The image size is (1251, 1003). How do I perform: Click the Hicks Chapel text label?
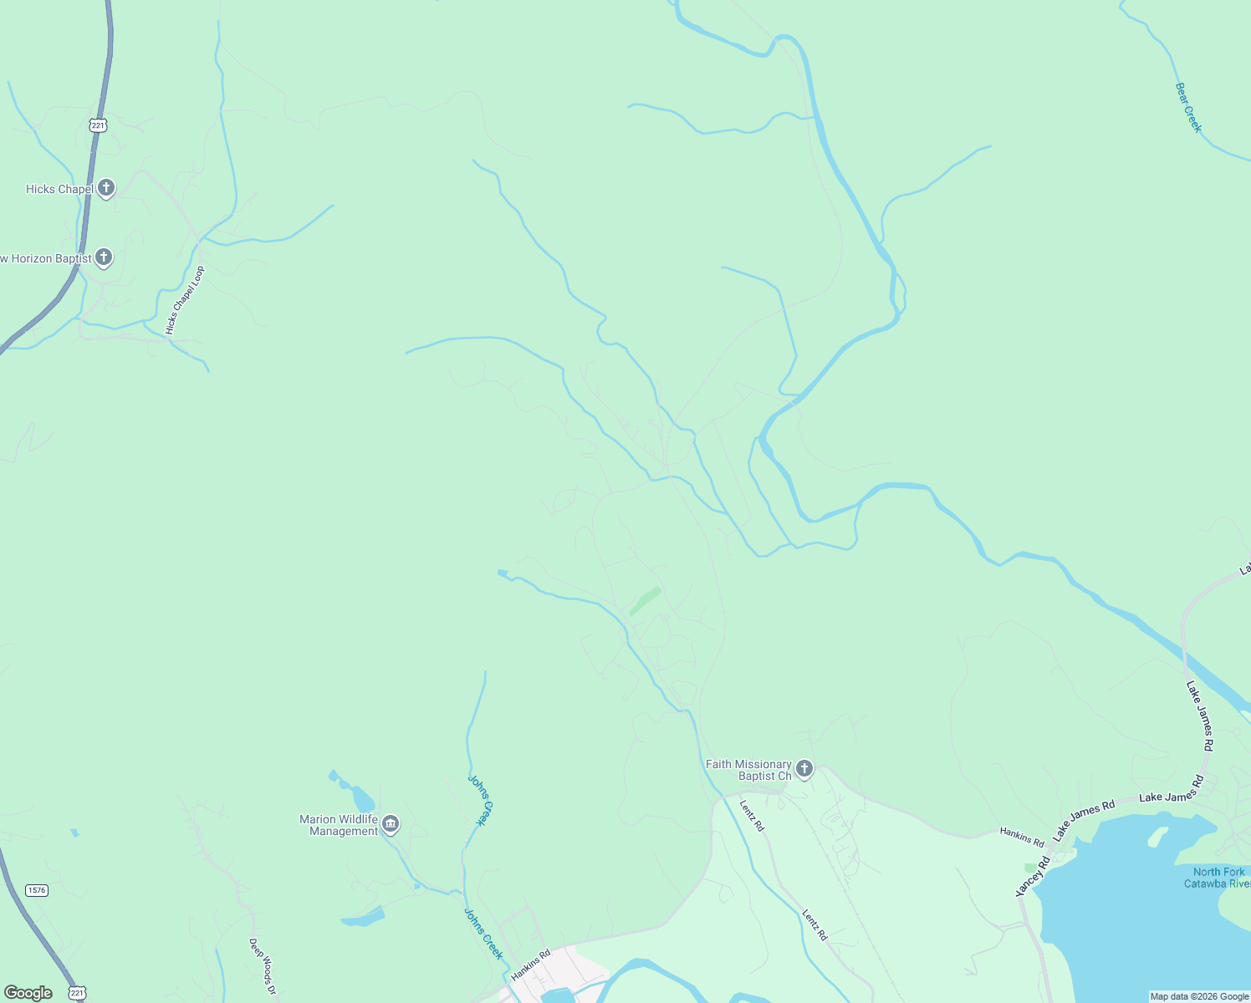[x=59, y=190]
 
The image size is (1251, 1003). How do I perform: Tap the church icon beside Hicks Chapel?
[x=106, y=188]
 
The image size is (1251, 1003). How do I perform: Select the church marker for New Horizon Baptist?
[x=104, y=257]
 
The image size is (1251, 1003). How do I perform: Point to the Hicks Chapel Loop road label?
[x=185, y=301]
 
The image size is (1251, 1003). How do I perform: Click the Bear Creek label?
[x=1187, y=107]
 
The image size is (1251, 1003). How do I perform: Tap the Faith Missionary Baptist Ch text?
[x=748, y=770]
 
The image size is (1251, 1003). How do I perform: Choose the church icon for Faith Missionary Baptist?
[x=804, y=769]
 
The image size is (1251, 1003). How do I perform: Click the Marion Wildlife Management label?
[x=339, y=825]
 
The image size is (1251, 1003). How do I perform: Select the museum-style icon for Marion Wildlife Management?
[x=391, y=826]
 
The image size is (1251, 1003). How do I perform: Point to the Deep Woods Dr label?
[x=262, y=966]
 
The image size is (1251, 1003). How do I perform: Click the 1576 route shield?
[x=36, y=890]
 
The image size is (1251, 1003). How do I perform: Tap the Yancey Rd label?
[x=1034, y=878]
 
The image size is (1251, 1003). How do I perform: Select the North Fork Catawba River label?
[x=1218, y=878]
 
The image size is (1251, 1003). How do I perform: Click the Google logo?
[x=28, y=993]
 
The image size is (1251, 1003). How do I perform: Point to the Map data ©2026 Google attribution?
[x=1199, y=996]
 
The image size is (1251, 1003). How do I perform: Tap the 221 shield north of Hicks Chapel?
[x=99, y=125]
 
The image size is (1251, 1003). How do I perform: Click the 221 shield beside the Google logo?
[x=77, y=993]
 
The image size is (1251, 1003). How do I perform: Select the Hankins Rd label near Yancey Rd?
[x=1022, y=837]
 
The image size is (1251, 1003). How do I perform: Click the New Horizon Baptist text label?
[x=46, y=259]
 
